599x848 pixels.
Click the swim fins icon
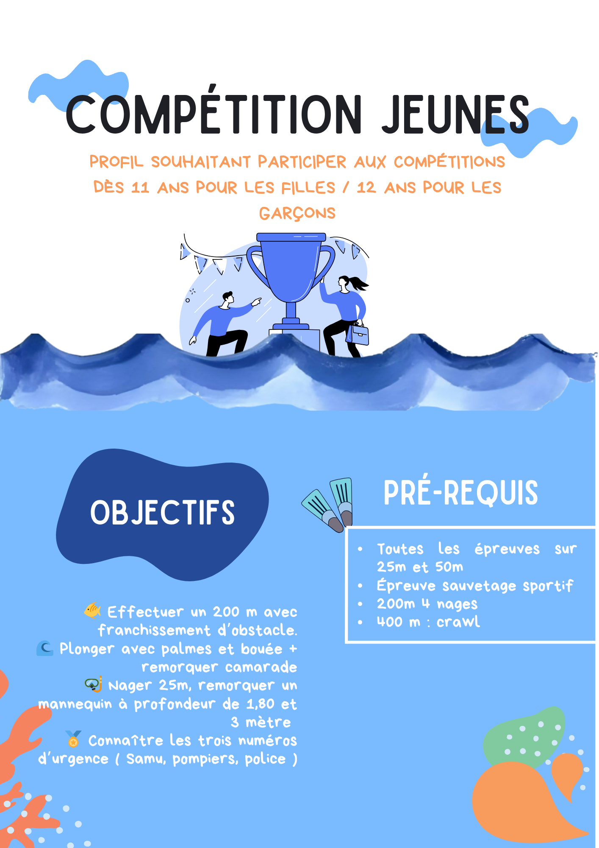(327, 505)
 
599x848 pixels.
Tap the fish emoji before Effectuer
(92, 611)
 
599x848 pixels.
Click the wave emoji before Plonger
(45, 648)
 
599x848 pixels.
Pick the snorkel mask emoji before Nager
(94, 684)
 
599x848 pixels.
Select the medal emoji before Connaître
(73, 739)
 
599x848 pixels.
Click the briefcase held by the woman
(358, 334)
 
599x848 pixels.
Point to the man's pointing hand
(256, 301)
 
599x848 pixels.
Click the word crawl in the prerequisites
(458, 622)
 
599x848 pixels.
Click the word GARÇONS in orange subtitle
(297, 213)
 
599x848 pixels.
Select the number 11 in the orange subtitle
(140, 187)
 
